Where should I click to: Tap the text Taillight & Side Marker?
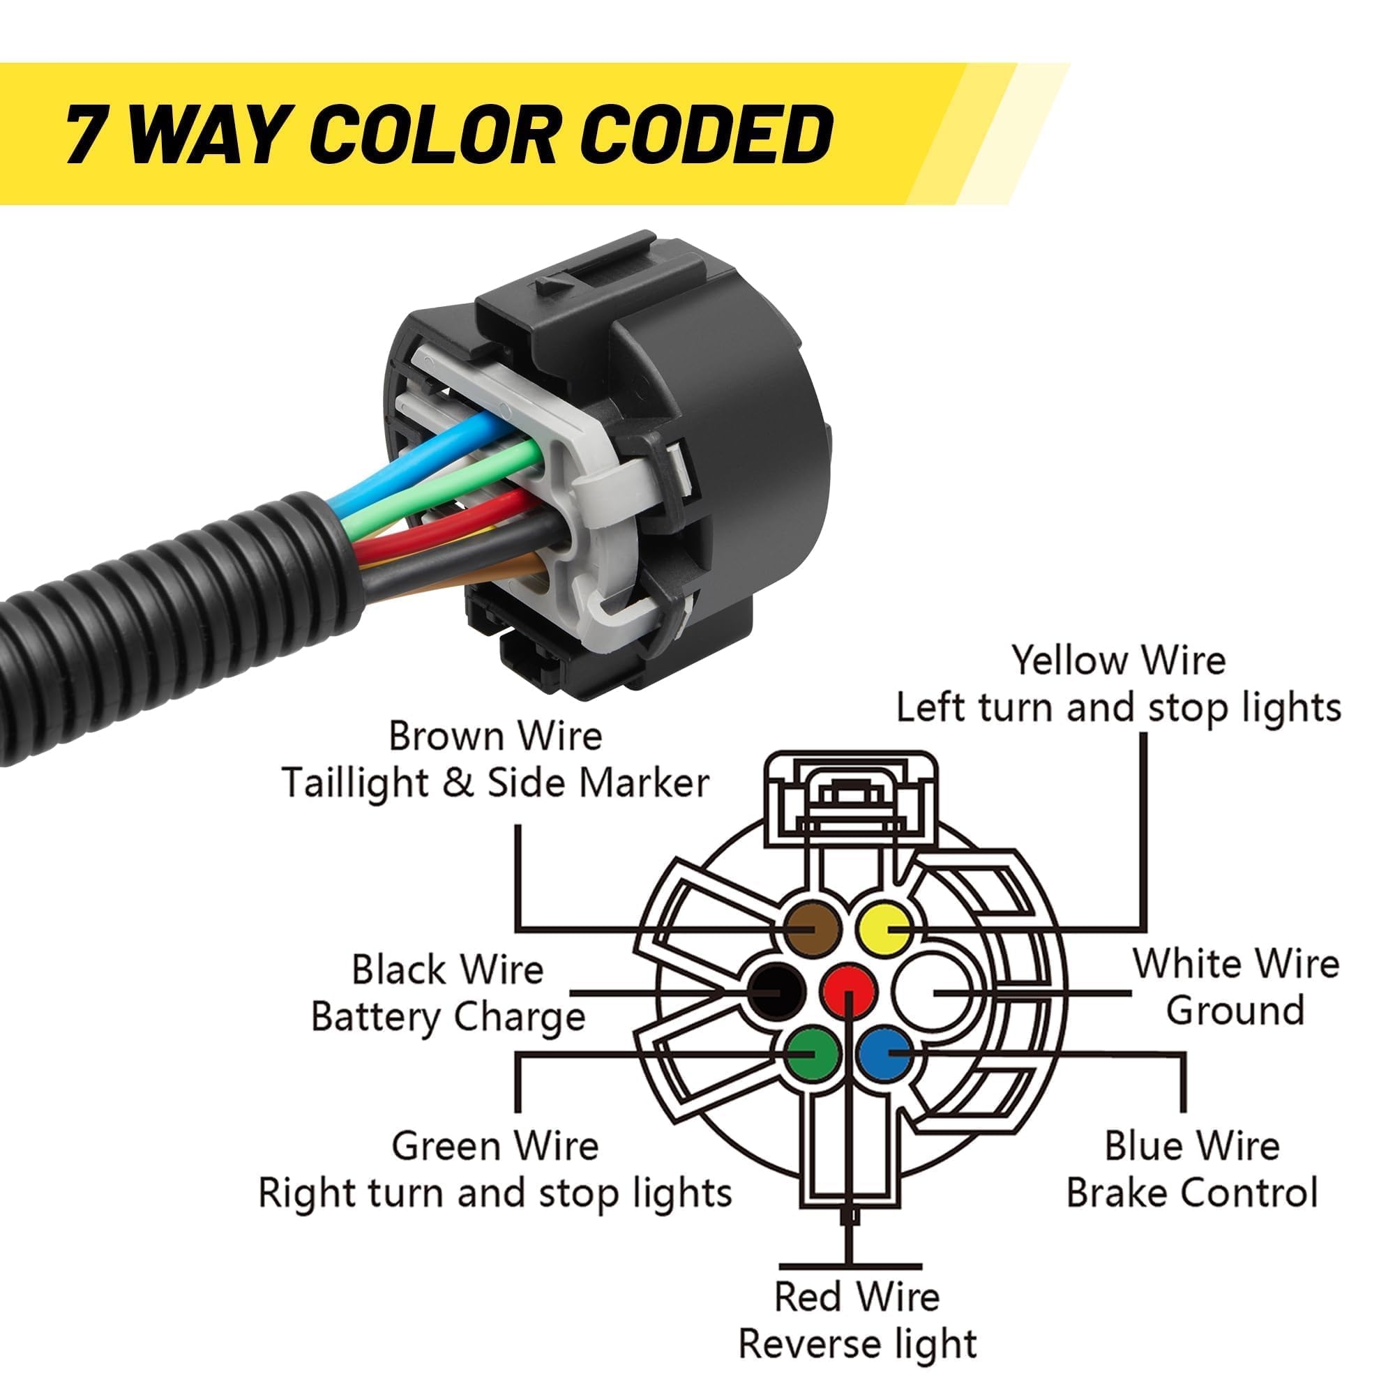496,783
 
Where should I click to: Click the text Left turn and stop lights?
1119,707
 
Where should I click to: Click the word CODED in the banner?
707,134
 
